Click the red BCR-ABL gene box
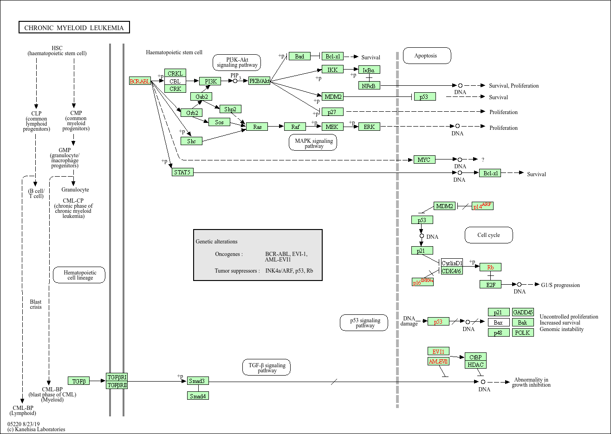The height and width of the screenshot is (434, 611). point(140,81)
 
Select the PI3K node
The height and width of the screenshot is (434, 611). point(210,81)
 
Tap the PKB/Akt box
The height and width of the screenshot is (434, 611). point(259,81)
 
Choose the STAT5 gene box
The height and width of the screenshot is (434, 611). point(182,172)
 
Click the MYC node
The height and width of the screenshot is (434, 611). point(424,160)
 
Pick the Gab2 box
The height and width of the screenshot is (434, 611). point(201,96)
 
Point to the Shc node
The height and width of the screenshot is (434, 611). point(191,141)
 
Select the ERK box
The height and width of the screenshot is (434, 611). point(369,127)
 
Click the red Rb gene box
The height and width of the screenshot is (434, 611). point(490,267)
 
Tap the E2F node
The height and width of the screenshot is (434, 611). point(490,284)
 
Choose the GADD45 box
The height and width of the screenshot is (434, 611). point(523,312)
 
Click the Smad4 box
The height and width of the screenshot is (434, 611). point(198,396)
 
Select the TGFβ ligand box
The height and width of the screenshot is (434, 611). point(78,381)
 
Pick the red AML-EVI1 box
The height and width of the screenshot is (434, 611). point(438,361)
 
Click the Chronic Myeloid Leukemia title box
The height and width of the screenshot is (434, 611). point(74,27)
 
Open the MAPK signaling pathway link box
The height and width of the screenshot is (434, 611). point(312,142)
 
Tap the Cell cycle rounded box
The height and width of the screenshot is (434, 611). point(488,235)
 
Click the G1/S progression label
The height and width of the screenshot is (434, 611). point(560,285)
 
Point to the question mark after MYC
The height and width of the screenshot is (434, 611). point(483,160)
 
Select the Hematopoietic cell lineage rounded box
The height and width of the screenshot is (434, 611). point(79,275)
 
